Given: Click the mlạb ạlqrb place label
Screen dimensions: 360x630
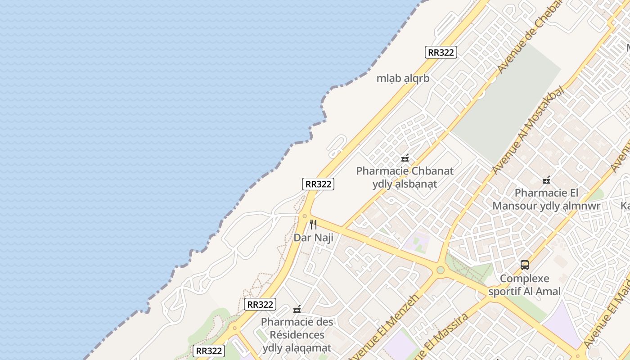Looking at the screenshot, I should click(403, 78).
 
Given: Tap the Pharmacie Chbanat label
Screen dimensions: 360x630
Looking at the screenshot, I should click(405, 171).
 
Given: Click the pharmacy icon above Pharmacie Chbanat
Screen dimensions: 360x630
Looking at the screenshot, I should click(405, 158).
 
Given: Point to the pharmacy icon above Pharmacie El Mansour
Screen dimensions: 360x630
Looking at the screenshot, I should click(546, 180).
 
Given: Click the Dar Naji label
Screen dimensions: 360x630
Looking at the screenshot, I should click(313, 237).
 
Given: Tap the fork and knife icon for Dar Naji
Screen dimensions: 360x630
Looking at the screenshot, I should click(313, 224).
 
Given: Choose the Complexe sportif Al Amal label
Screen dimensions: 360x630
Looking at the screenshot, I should click(525, 285).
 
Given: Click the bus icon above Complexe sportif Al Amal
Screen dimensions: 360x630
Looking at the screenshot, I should click(525, 265).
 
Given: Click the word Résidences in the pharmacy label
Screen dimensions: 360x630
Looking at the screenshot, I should click(297, 335).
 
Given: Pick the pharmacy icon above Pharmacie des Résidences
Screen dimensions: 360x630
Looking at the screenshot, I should click(297, 309).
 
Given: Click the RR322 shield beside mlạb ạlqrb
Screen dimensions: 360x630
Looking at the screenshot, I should click(441, 52).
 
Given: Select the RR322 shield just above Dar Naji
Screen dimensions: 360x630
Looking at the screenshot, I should click(318, 184).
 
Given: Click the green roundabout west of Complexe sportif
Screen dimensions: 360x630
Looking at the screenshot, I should click(441, 270).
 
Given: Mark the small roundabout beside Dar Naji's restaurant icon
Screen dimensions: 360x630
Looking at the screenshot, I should click(305, 216).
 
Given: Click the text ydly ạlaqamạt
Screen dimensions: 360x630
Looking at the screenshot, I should click(297, 348).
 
